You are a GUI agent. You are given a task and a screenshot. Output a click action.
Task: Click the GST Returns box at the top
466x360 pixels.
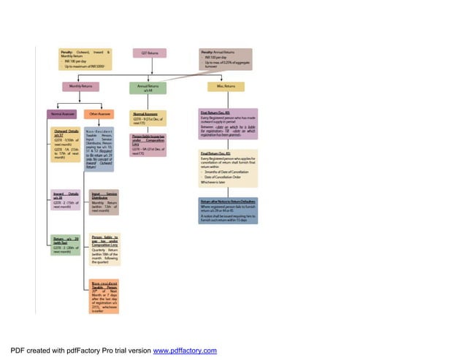coord(150,53)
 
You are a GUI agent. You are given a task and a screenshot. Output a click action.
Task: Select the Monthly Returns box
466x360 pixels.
coord(80,86)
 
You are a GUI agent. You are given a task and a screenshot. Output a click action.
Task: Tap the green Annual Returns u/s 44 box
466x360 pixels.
coord(148,88)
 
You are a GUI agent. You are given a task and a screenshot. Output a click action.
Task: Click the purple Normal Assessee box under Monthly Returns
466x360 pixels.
coord(64,114)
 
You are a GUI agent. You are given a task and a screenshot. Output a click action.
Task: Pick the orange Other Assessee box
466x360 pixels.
coord(100,114)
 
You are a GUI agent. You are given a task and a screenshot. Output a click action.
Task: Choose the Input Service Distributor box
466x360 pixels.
coord(104,202)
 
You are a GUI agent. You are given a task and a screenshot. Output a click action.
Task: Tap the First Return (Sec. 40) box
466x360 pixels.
coord(229,126)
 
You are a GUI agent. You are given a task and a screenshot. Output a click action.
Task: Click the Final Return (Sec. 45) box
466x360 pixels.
coord(229,168)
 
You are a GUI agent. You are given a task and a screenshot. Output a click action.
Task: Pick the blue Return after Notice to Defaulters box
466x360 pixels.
coord(229,210)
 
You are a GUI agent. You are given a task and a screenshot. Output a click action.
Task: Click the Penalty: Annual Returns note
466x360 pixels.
coord(226,59)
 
